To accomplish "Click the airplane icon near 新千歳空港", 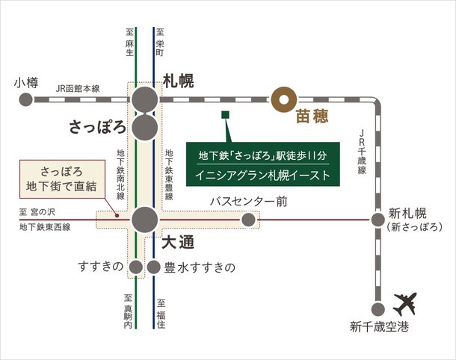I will [x=405, y=304].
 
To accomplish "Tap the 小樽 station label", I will [x=25, y=82].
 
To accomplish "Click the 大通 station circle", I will [x=144, y=220].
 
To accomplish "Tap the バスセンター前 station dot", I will [x=247, y=220].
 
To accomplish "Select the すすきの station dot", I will [x=135, y=267].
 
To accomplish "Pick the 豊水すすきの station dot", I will [x=154, y=267].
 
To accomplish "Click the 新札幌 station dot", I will [x=377, y=220].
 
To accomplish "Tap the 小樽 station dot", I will [x=26, y=97].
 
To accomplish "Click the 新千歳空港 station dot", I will [x=377, y=307].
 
